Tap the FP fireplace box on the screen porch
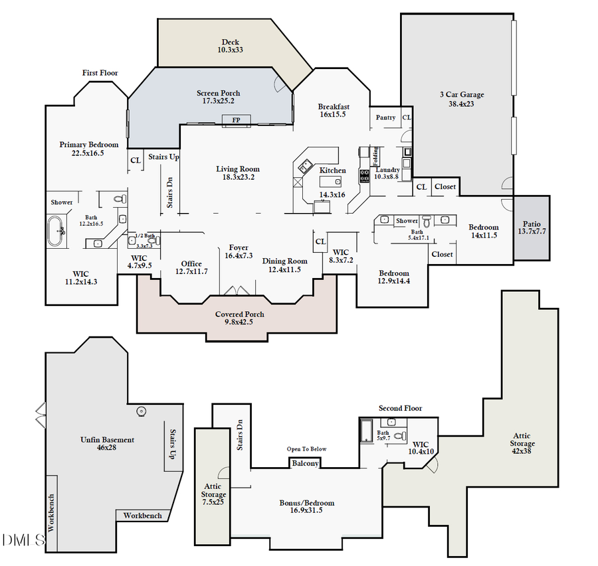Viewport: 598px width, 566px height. pos(236,119)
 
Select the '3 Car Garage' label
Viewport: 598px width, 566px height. pos(462,94)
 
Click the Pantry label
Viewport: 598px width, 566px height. pos(385,117)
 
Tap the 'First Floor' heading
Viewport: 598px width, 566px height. pos(100,72)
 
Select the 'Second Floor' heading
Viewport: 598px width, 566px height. pos(400,408)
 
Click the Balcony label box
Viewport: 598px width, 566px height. pos(306,463)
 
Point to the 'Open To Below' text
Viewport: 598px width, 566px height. pos(306,449)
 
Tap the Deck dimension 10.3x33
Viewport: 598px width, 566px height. pos(230,50)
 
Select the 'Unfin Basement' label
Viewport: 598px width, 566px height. pos(107,439)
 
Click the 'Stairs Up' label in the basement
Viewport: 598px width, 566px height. pos(172,445)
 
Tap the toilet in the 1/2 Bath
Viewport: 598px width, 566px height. pos(151,242)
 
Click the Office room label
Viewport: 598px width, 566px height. pos(191,263)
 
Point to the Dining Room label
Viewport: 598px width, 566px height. pos(284,261)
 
